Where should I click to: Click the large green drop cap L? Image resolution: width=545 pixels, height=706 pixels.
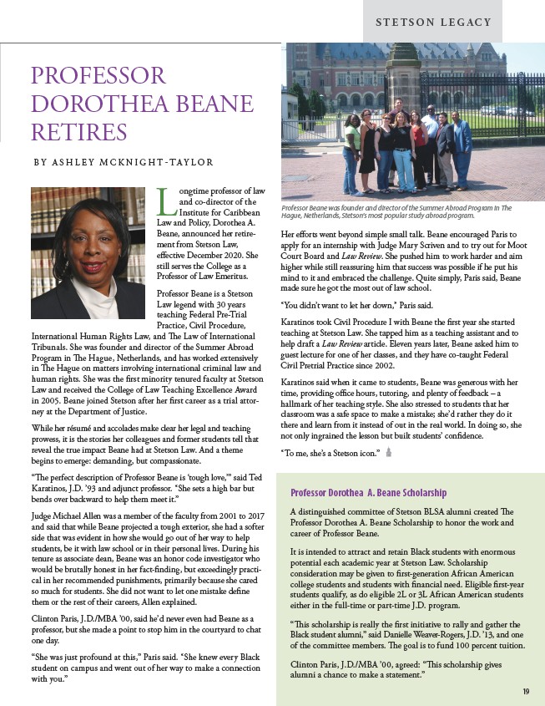click(164, 199)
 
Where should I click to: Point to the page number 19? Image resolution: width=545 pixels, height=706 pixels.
click(527, 690)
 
